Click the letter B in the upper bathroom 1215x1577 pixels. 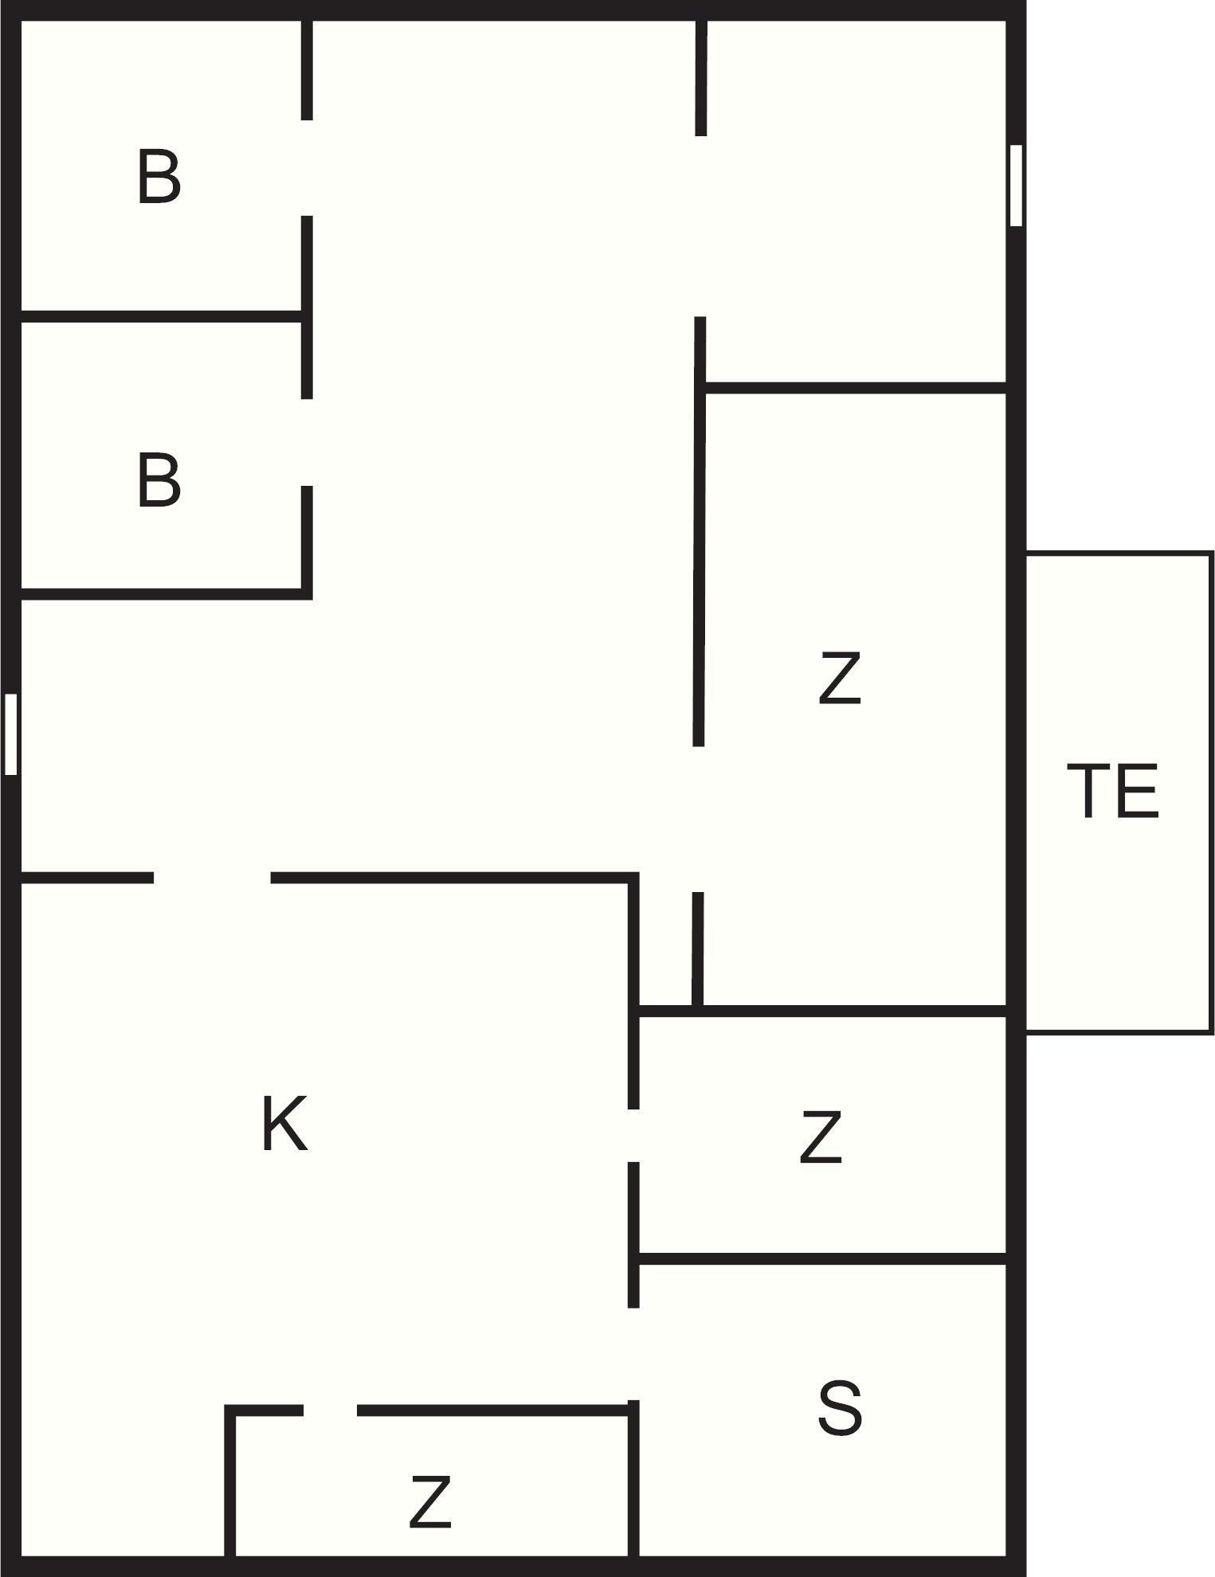pos(159,178)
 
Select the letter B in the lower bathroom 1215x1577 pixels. pos(159,480)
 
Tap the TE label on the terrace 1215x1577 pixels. pos(1112,791)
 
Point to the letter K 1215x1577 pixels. pos(284,1124)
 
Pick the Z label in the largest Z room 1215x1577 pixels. pos(840,678)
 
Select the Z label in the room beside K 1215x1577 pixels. pos(821,1138)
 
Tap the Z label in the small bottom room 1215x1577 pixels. pos(430,1502)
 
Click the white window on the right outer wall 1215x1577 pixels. pos(1016,185)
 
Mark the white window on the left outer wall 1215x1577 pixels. pos(11,734)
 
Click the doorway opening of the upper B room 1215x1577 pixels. pos(307,168)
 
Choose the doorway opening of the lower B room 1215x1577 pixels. pos(307,443)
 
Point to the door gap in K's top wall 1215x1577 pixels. pos(212,878)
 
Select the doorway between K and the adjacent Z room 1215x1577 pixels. pos(633,1136)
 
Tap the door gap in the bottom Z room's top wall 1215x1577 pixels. pos(330,1411)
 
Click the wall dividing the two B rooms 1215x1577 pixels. pos(159,317)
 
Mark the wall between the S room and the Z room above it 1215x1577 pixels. pos(821,1258)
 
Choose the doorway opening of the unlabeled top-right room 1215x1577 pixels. pos(700,226)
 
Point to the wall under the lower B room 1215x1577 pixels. pos(159,593)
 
